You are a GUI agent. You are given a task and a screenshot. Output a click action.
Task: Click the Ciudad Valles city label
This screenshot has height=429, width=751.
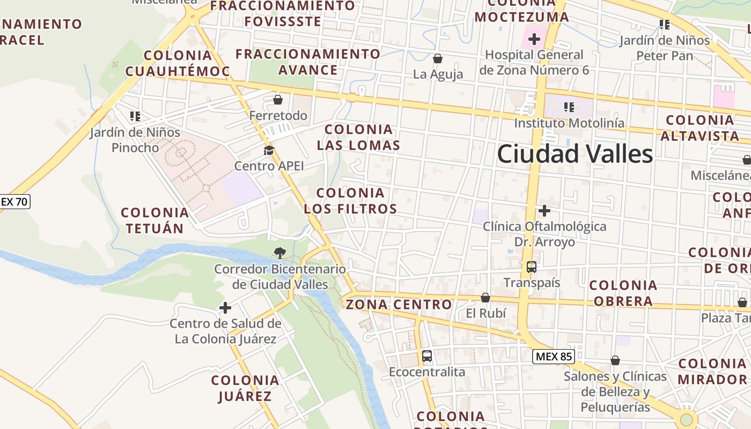[575, 154]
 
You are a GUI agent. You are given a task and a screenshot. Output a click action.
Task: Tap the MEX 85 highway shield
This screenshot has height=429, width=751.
[554, 356]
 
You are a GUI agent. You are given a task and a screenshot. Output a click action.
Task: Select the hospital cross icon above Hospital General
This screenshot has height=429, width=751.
[534, 39]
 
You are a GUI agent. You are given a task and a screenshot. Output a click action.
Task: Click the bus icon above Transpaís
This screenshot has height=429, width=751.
[532, 267]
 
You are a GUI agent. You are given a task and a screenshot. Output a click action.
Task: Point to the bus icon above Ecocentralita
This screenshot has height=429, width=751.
[427, 356]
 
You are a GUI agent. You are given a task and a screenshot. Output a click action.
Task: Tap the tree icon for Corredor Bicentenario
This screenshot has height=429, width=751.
[279, 253]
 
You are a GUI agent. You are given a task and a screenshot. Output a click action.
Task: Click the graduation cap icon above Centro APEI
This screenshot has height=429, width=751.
[269, 150]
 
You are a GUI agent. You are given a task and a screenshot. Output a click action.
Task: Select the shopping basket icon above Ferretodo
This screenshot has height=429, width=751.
[278, 99]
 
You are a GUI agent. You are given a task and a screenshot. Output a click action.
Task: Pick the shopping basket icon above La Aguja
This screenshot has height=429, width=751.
[438, 58]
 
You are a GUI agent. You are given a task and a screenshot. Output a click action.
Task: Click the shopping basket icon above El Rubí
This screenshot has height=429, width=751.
[485, 297]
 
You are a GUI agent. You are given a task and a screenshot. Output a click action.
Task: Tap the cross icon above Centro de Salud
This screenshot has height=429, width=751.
[225, 308]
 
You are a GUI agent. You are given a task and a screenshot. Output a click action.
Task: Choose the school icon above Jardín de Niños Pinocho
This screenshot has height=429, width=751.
[135, 116]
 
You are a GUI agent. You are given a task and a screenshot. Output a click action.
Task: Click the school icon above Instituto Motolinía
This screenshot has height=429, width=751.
[569, 107]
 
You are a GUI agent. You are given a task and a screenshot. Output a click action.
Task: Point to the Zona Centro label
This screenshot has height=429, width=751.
[399, 305]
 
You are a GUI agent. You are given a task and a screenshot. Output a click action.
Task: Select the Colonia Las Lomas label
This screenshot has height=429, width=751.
[358, 137]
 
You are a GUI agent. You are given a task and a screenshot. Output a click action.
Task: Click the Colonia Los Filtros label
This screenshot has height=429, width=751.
[351, 201]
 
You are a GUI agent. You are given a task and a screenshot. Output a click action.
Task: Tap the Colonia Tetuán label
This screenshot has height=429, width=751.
[155, 220]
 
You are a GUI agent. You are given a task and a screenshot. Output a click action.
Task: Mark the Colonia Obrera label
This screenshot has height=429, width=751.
[623, 293]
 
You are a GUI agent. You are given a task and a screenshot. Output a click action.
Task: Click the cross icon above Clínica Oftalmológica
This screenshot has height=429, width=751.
[544, 210]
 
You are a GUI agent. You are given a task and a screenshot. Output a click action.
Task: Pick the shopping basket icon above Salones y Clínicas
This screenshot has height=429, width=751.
[615, 360]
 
